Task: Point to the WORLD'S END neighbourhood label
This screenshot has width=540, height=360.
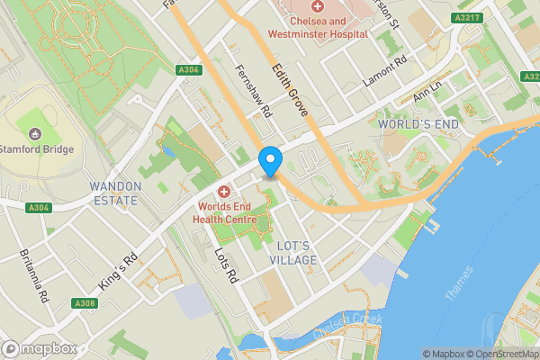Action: point(418,123)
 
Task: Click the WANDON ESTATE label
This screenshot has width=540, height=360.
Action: point(115,193)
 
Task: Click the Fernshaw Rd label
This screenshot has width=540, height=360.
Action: point(253,92)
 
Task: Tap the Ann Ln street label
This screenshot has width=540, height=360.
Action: point(427,93)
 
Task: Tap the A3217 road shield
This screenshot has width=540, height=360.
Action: point(467,17)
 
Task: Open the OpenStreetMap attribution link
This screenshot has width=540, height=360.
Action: point(498,354)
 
